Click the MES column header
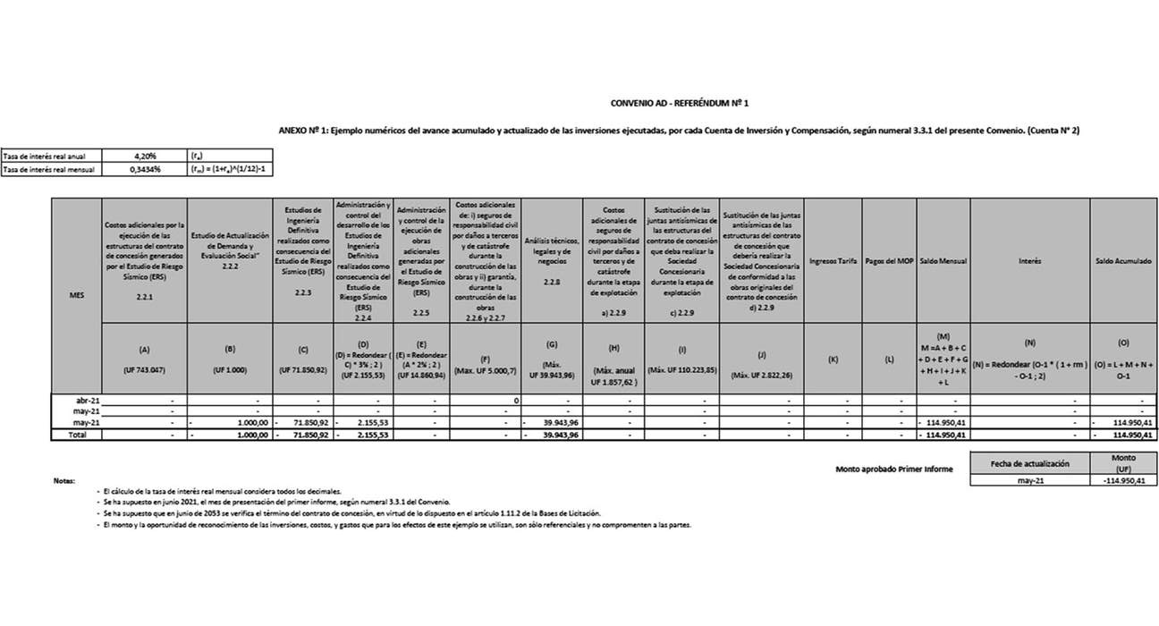pos(76,295)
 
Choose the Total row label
pos(76,435)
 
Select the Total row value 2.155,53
pos(367,435)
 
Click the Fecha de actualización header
pos(1029,463)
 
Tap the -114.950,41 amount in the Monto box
pos(1123,480)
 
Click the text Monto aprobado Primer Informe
pos(893,469)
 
